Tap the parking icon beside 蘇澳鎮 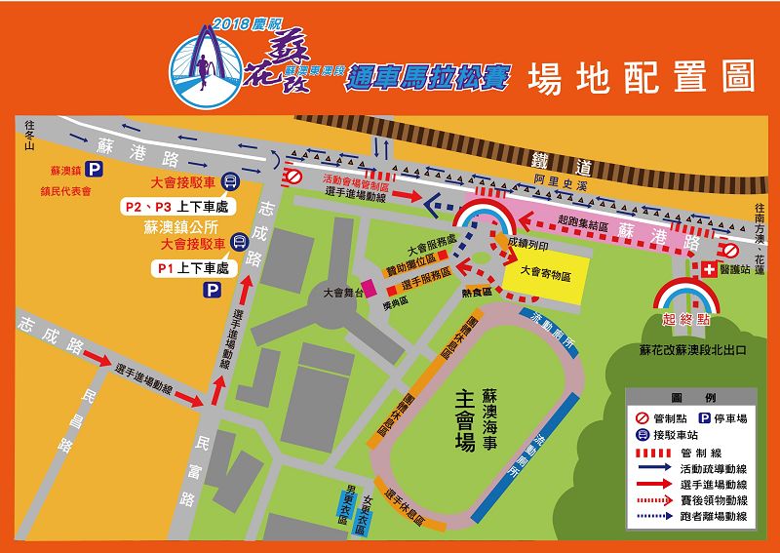tap(90, 169)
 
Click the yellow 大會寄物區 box tap(545, 272)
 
